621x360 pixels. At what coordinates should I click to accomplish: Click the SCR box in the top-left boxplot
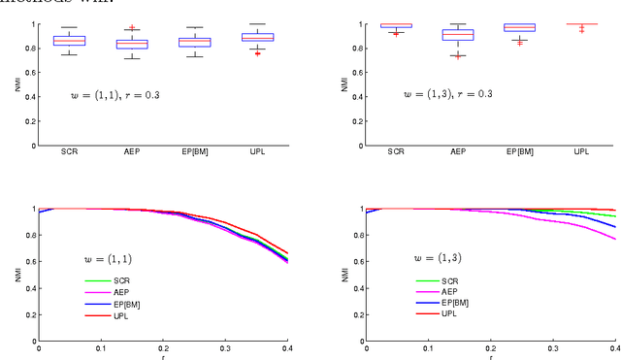(x=69, y=41)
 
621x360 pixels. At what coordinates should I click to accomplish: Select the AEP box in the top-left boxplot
(x=132, y=45)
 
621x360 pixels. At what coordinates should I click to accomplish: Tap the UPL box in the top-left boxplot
(x=258, y=37)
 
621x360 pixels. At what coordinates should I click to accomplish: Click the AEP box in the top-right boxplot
(x=458, y=35)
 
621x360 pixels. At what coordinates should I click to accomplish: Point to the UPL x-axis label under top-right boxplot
(x=582, y=151)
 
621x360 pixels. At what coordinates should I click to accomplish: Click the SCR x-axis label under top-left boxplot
(x=69, y=151)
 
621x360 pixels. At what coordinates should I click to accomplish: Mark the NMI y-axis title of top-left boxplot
(x=17, y=85)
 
